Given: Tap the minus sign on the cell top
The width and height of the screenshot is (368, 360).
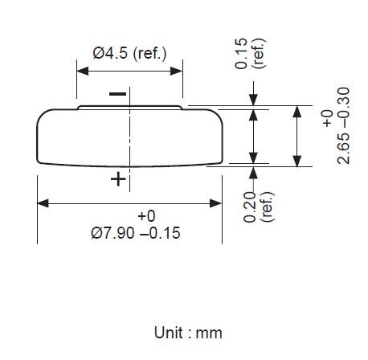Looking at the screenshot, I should pyautogui.click(x=117, y=95).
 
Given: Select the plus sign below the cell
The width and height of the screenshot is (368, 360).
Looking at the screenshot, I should pyautogui.click(x=117, y=179).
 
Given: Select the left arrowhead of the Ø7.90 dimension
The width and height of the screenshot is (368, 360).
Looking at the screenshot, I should pyautogui.click(x=43, y=202).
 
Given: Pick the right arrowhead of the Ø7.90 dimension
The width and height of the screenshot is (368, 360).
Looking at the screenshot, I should pyautogui.click(x=219, y=202).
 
